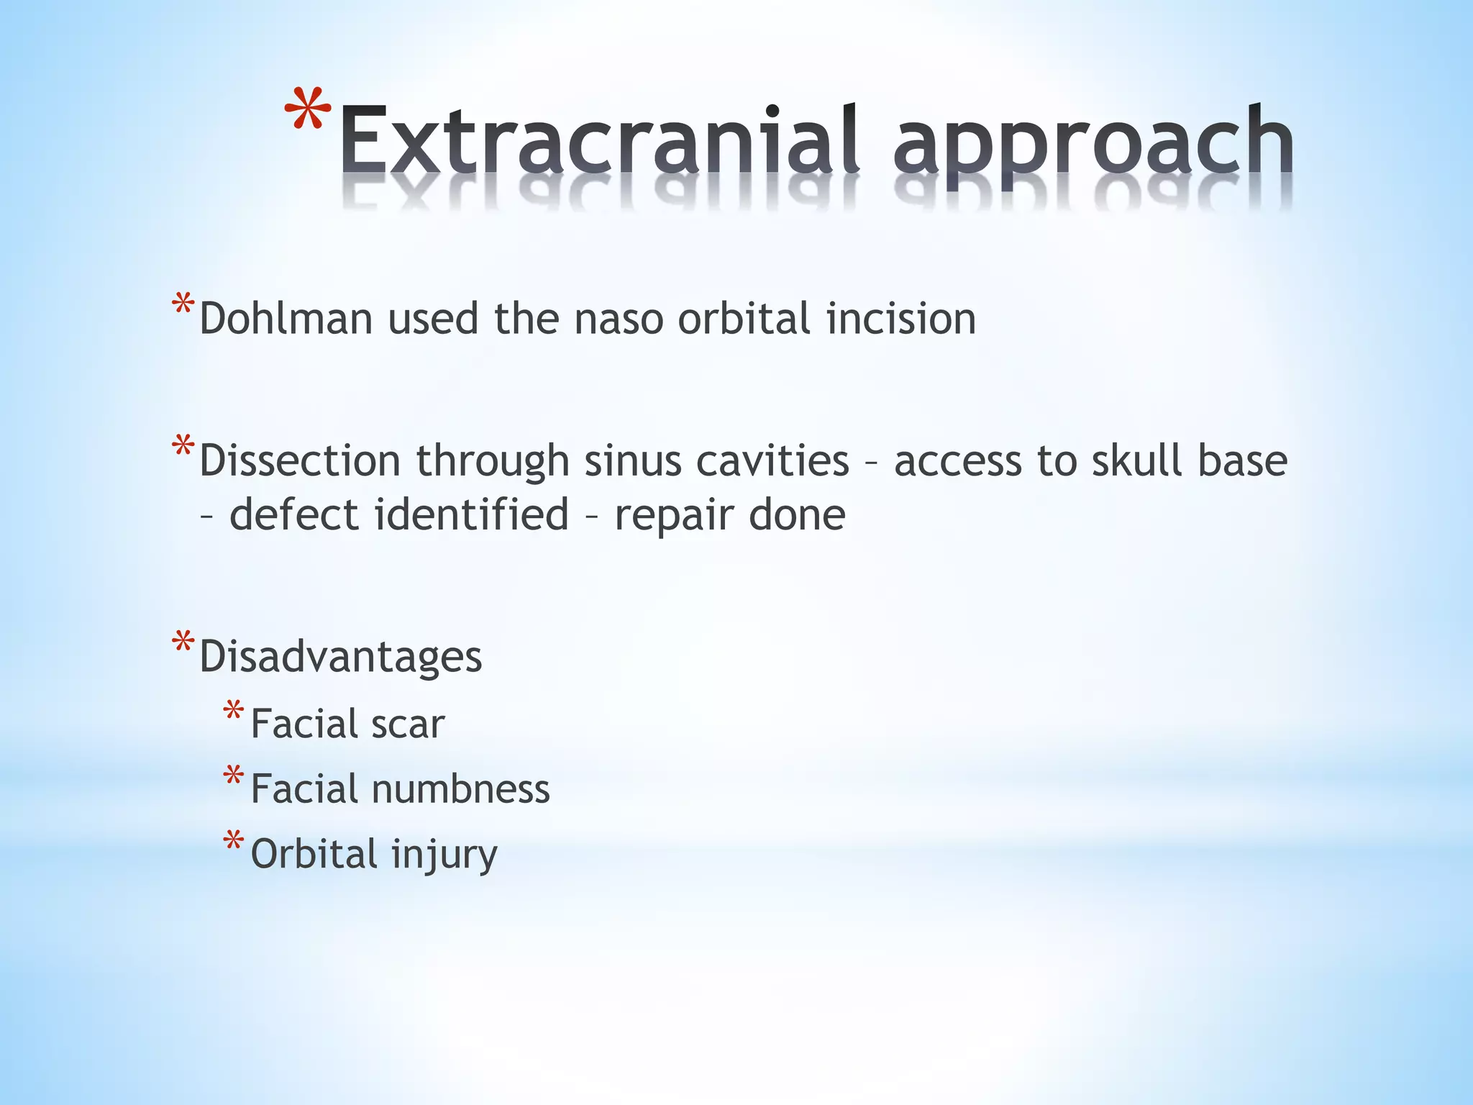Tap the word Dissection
coord(299,460)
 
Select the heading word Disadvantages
coord(340,657)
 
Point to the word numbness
coord(460,788)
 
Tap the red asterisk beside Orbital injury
coord(233,841)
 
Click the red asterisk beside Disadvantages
coord(183,642)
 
